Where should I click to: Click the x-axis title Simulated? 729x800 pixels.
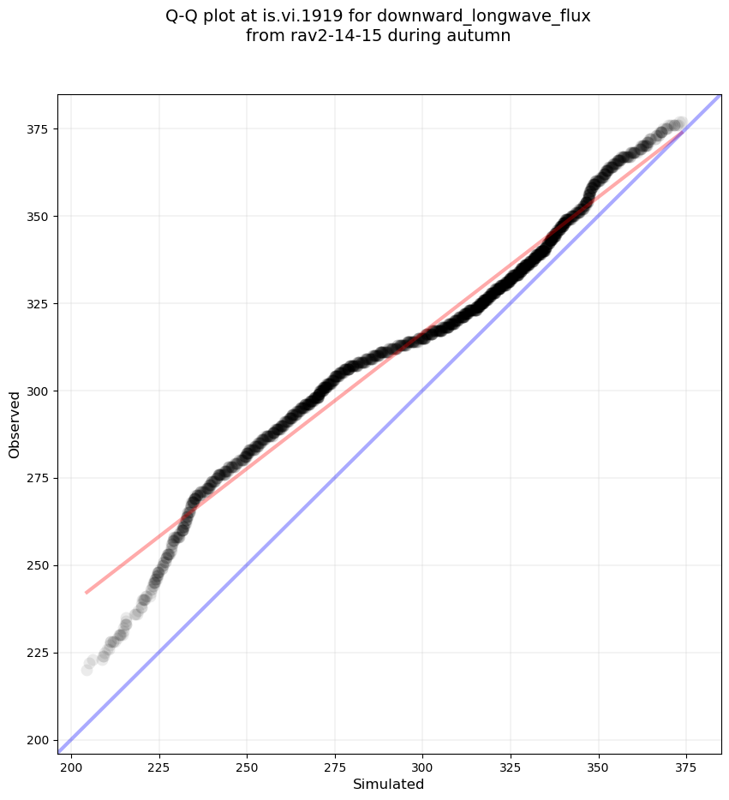tap(389, 784)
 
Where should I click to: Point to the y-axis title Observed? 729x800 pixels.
tap(15, 424)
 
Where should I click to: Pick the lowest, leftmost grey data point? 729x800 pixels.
tap(87, 670)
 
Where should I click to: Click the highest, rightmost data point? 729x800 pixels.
tap(681, 123)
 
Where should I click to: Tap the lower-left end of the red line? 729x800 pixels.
tap(86, 592)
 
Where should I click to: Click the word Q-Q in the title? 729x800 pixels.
tap(183, 16)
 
